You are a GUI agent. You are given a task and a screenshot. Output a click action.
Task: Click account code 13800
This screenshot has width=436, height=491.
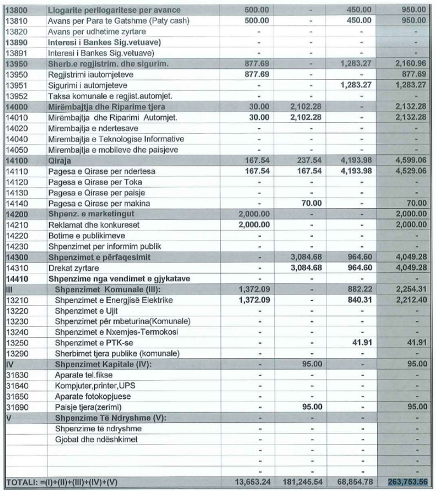click(x=15, y=10)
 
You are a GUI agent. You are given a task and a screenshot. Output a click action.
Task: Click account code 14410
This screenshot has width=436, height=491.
click(x=15, y=279)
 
